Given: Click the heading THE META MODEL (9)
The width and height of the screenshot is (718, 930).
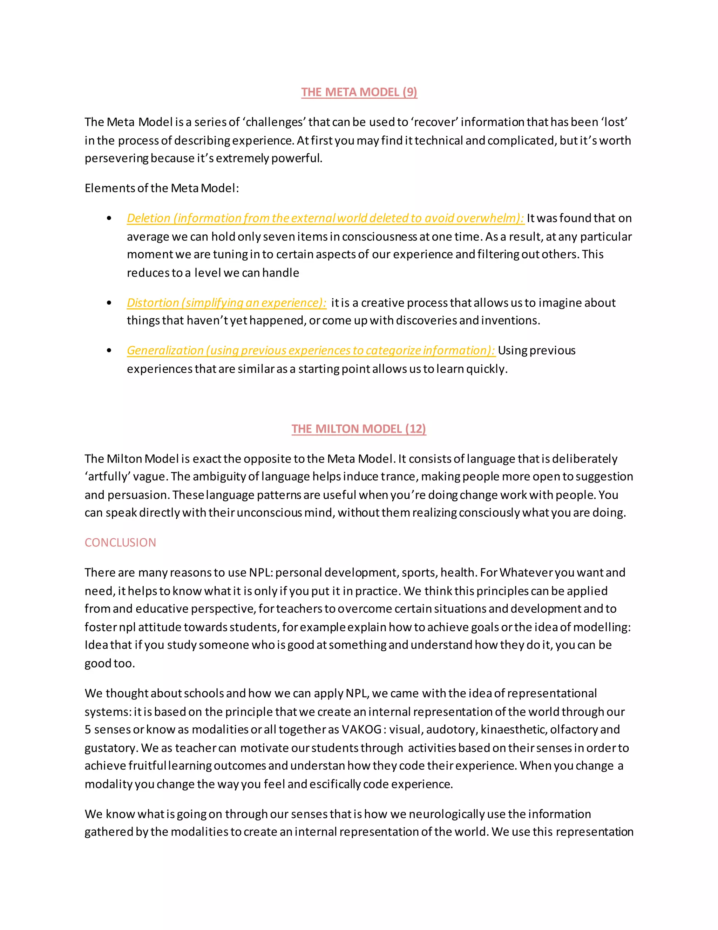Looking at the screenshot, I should tap(359, 92).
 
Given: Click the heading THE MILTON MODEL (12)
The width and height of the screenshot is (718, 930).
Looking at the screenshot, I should tap(359, 429).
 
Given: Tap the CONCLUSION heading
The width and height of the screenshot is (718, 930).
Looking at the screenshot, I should tap(120, 542).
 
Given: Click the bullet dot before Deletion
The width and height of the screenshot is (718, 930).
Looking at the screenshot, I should tap(109, 218).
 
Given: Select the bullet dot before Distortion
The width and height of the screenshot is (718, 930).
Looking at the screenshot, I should tap(109, 303).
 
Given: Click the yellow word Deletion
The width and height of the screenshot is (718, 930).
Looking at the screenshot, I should tap(148, 218).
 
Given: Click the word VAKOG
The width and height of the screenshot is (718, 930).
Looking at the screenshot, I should tap(362, 730).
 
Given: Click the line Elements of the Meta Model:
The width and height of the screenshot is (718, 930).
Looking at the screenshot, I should tap(162, 188).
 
